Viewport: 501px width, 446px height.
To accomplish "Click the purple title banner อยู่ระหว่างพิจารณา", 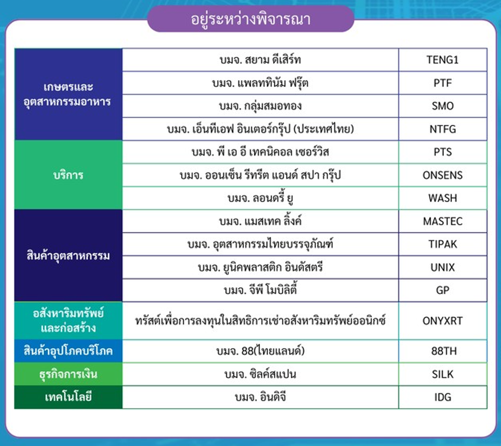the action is [x=250, y=19].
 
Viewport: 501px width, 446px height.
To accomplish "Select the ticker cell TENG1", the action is [x=442, y=60].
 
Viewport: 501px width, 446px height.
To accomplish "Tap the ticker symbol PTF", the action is [x=442, y=83].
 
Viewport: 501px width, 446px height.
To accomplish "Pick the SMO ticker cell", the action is [x=442, y=106].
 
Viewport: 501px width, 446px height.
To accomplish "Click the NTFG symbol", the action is [x=442, y=129].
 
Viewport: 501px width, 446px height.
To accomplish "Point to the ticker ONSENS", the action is [x=442, y=175].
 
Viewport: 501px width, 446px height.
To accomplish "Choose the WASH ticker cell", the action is [x=442, y=198].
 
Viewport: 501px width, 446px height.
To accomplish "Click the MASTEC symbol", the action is [x=442, y=221].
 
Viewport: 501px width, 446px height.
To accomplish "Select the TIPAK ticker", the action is [x=442, y=244].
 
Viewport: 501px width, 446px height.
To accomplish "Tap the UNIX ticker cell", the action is [x=442, y=267].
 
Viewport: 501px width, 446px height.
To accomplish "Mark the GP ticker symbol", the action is [x=442, y=290].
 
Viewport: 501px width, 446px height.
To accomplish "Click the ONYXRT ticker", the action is [x=442, y=321].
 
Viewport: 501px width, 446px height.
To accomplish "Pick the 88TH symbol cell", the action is [x=444, y=351].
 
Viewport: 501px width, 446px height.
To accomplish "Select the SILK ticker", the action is [x=442, y=374].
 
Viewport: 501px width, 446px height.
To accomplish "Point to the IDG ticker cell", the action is [x=442, y=397].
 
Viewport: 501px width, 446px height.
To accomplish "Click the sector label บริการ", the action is [x=68, y=175].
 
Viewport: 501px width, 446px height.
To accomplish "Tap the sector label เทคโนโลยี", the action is [x=68, y=397].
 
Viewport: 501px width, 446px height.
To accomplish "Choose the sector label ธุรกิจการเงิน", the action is [x=68, y=374].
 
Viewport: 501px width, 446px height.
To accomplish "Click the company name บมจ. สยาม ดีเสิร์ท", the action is [x=260, y=60].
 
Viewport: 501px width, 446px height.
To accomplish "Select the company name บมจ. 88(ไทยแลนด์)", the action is [x=260, y=351].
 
